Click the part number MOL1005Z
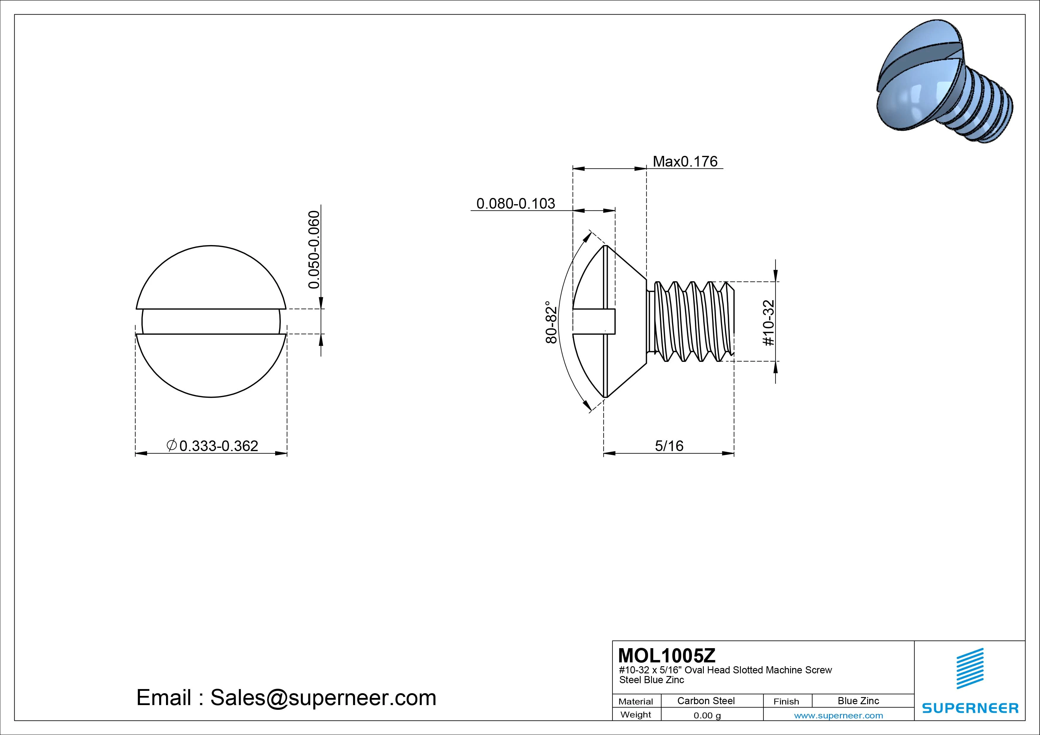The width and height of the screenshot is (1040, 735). (666, 655)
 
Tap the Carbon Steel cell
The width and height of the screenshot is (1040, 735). (706, 701)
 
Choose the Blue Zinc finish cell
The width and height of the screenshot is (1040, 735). (858, 701)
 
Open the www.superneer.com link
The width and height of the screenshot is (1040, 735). (838, 715)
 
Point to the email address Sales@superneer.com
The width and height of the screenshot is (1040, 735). (323, 697)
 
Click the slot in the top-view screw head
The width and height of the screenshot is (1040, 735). (211, 322)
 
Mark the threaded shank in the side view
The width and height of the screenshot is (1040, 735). (691, 322)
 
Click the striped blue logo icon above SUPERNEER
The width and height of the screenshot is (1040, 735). (970, 668)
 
